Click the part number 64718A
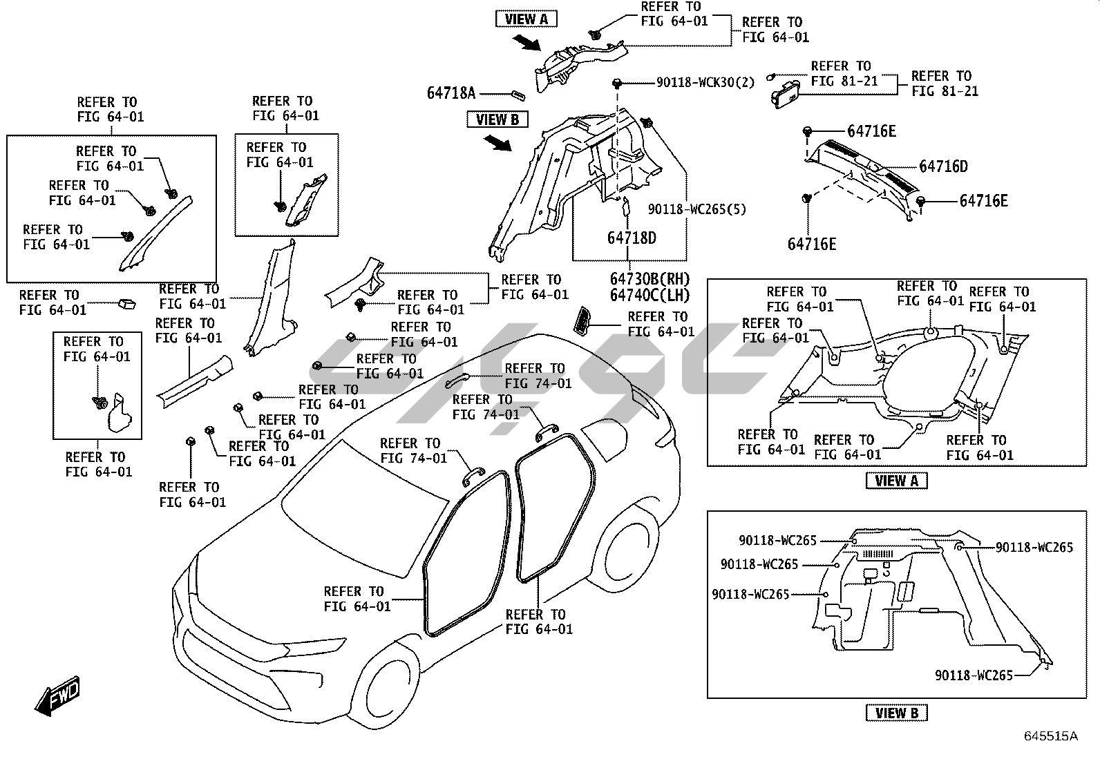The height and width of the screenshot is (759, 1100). tap(451, 93)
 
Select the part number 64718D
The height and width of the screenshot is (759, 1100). tap(632, 238)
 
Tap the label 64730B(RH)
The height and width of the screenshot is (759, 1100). tap(649, 279)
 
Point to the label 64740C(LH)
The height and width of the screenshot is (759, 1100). tap(649, 295)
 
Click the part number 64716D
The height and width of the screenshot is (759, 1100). tap(943, 166)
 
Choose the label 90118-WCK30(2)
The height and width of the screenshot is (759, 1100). tap(705, 83)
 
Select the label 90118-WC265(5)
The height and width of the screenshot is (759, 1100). tap(696, 209)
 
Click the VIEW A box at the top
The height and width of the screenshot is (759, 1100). tap(526, 19)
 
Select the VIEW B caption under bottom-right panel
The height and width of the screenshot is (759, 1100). tap(896, 713)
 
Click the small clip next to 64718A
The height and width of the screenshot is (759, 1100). tap(518, 95)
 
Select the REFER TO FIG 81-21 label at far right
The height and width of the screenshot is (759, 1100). tap(945, 83)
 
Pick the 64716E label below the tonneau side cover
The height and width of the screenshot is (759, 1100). tap(812, 244)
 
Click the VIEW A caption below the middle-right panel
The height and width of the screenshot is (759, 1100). tap(896, 481)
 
